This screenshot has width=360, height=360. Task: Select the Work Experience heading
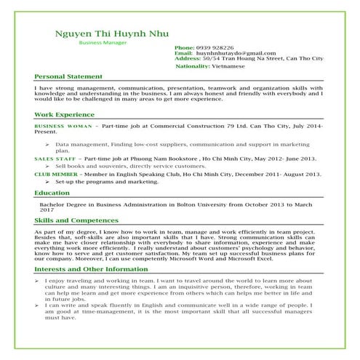(64, 115)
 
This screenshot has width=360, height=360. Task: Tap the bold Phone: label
(184, 47)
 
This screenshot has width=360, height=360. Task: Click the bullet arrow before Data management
(47, 145)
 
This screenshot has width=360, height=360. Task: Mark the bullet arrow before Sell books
(47, 167)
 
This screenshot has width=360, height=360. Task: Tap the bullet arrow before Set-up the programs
(47, 182)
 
